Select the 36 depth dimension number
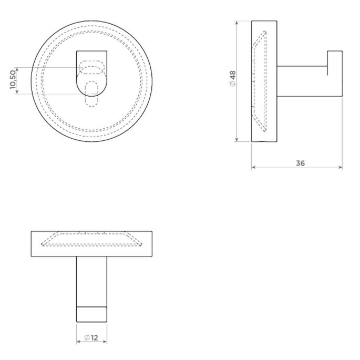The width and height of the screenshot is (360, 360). point(300,163)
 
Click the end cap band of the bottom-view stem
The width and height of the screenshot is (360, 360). point(92,314)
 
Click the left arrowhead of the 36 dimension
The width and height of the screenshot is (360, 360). point(254,168)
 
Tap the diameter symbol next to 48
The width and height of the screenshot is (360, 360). point(232,85)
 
